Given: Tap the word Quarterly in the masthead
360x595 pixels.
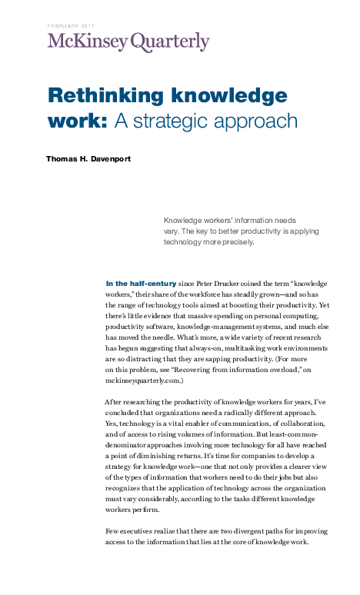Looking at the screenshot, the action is [x=170, y=42].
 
